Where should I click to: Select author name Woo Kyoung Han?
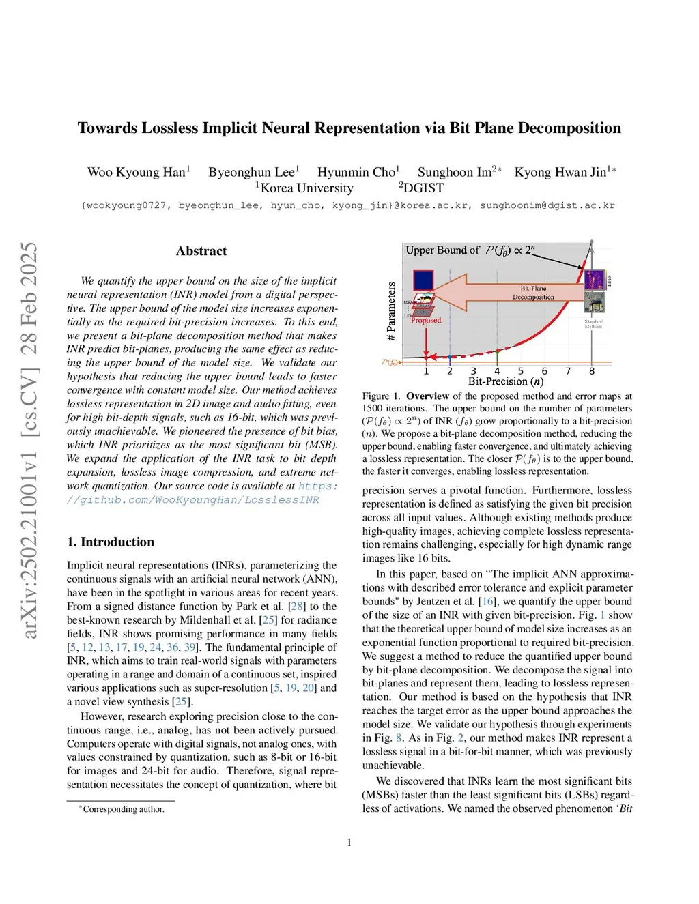point(137,173)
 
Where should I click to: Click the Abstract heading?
point(201,251)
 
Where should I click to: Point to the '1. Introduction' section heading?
point(111,542)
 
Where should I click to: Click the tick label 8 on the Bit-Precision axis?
point(592,371)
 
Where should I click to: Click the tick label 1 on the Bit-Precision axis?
point(427,371)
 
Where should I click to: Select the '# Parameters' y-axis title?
point(391,311)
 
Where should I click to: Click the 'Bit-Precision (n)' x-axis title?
point(506,382)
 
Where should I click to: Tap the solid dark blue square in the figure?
point(423,280)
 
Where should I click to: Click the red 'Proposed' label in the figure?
point(426,321)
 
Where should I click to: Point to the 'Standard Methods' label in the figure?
point(593,324)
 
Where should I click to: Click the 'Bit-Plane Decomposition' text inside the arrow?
point(533,293)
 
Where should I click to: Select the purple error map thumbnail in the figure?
point(595,280)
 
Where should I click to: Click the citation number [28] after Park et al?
point(297,607)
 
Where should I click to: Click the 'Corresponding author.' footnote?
point(124,810)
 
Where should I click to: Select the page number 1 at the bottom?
point(349,843)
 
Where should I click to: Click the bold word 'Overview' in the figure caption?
point(427,396)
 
